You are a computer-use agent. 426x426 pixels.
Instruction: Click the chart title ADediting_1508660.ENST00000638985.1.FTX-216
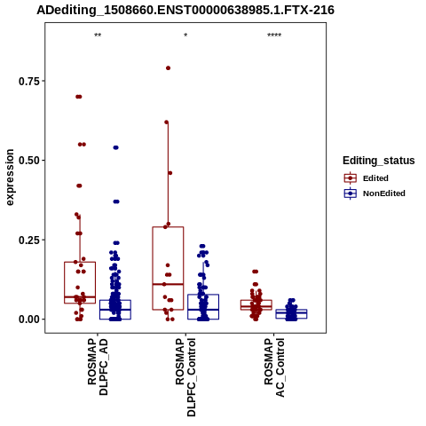(x=185, y=10)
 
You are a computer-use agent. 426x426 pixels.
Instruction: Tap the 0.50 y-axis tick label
(x=29, y=161)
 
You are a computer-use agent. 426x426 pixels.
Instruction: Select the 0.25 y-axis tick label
(x=29, y=240)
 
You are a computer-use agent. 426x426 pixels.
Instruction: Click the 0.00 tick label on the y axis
(x=29, y=319)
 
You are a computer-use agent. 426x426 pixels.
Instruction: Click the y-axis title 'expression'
(x=10, y=177)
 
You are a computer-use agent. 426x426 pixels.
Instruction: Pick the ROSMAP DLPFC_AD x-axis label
(x=98, y=367)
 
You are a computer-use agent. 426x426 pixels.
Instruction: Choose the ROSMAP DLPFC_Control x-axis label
(x=185, y=377)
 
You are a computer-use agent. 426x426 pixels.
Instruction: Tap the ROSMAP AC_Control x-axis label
(x=274, y=367)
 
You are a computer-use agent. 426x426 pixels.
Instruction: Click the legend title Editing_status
(x=379, y=161)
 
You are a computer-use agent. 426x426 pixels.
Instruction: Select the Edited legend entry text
(x=375, y=178)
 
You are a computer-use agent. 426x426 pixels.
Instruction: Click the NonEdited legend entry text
(x=384, y=193)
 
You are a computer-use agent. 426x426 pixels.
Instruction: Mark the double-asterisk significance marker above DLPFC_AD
(x=98, y=35)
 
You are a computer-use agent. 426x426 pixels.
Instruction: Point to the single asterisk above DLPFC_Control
(x=185, y=35)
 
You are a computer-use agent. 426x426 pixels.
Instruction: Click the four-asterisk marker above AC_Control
(x=274, y=35)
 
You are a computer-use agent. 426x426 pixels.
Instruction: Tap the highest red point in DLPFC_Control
(x=168, y=68)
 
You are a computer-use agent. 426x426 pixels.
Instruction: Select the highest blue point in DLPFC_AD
(x=115, y=147)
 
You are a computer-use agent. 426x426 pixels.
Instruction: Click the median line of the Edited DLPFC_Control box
(x=168, y=284)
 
